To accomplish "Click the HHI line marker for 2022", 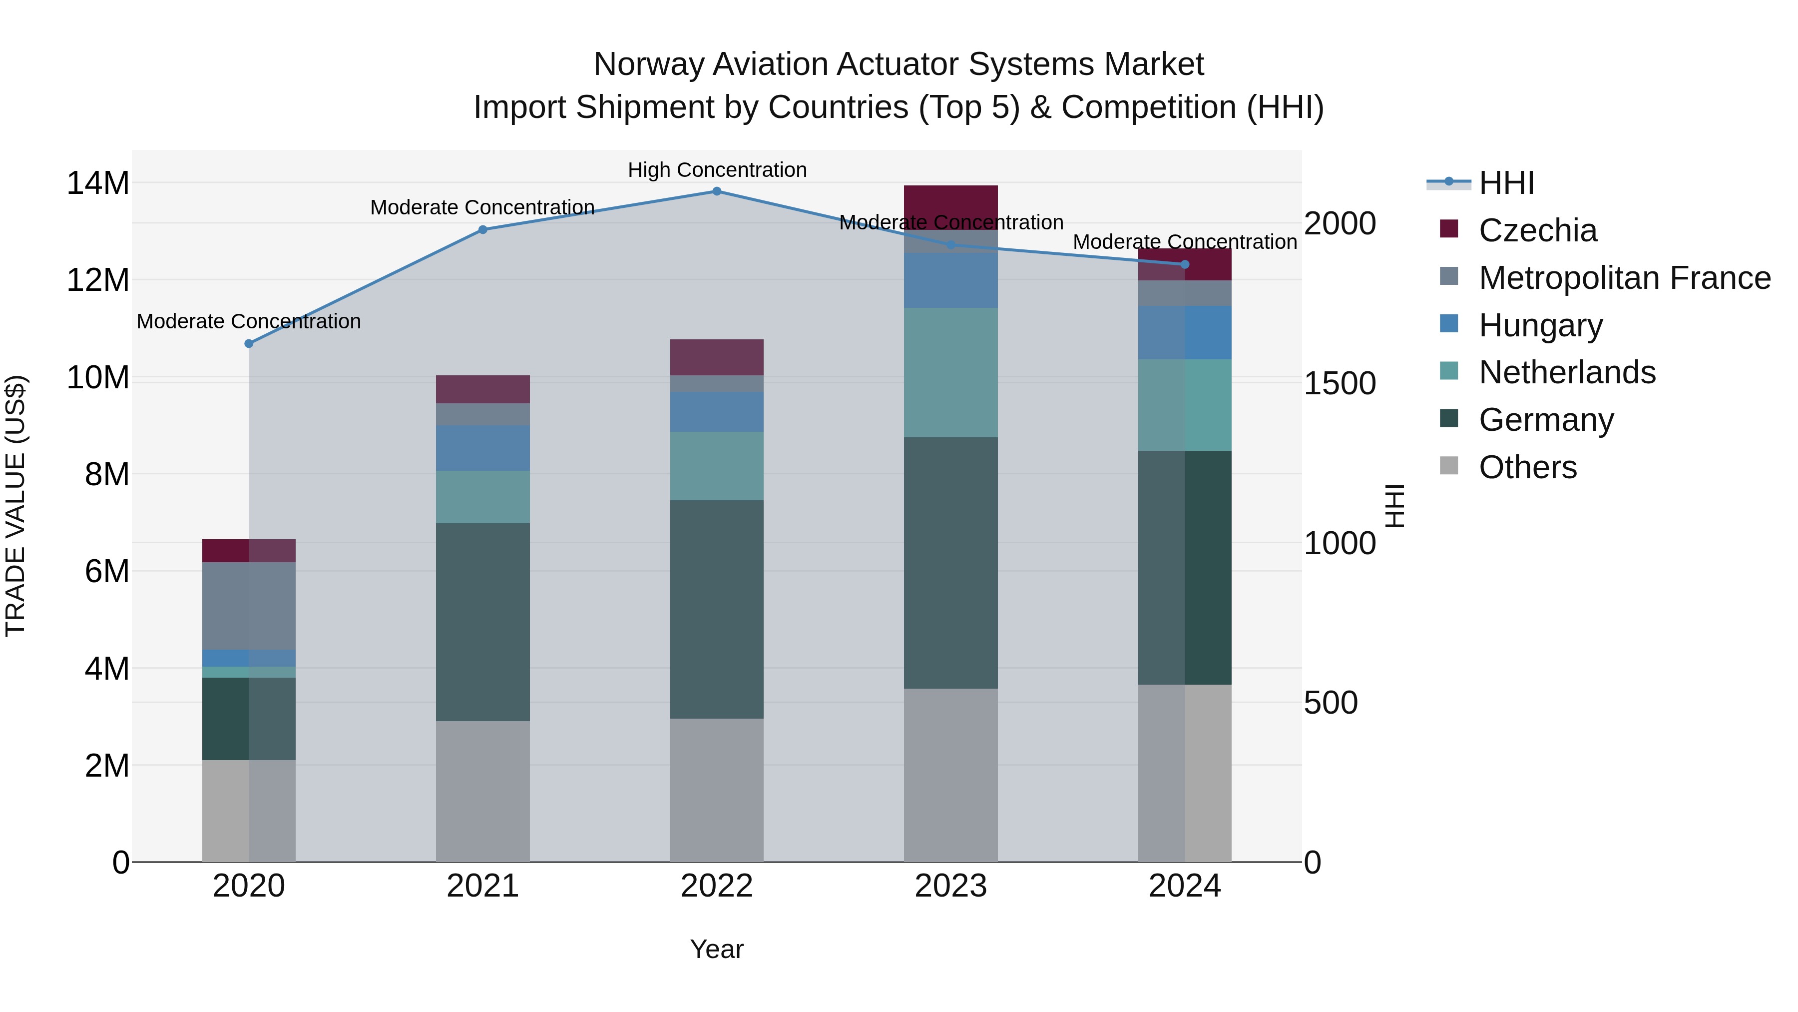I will [717, 191].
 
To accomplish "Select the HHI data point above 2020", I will [249, 344].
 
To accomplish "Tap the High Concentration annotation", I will [717, 170].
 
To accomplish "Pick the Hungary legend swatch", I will [1449, 325].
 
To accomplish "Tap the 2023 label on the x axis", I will [950, 886].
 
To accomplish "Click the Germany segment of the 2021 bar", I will [483, 622].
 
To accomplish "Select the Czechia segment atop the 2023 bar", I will [950, 207].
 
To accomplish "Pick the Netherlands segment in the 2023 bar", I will [950, 372].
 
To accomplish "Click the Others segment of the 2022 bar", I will [717, 789].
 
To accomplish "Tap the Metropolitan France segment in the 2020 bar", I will [249, 606].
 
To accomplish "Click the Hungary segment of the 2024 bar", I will [1185, 332].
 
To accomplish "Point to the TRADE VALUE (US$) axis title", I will [15, 506].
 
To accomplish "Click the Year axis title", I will [717, 949].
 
